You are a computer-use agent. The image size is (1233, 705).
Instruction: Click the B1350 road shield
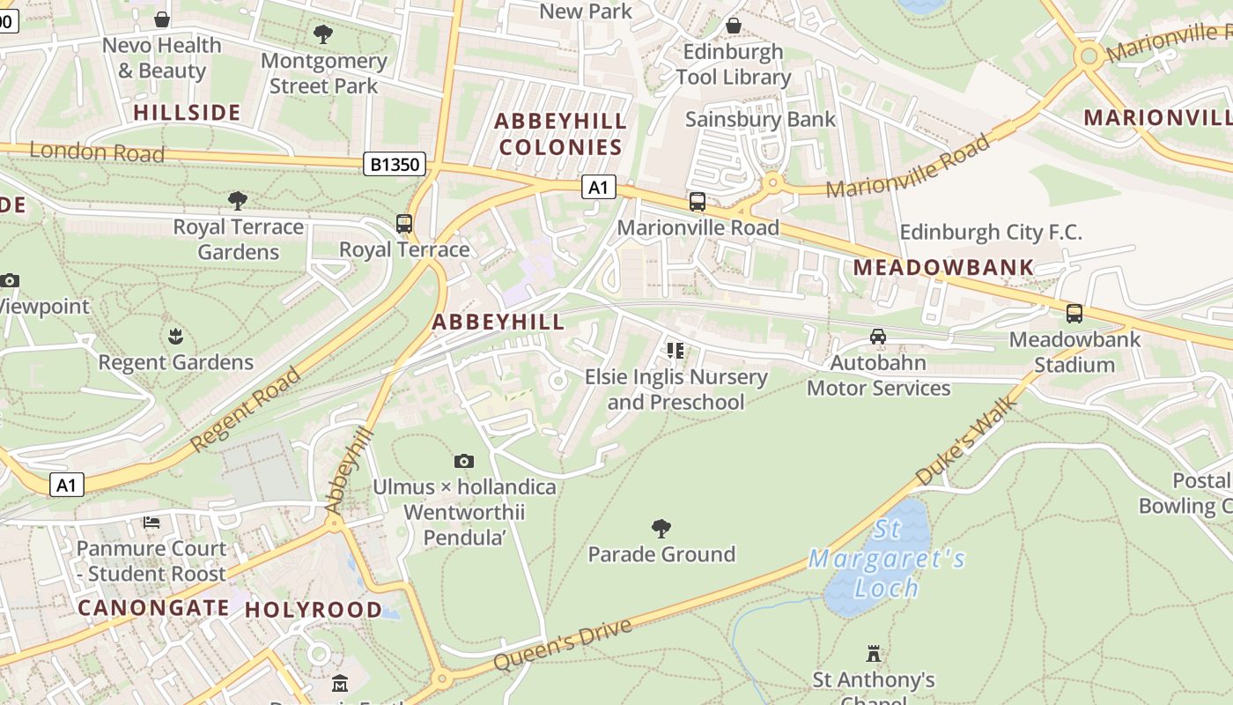[x=395, y=164]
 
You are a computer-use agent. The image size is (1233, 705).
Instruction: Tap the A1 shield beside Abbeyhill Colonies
[x=598, y=187]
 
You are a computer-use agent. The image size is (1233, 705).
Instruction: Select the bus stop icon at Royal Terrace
[x=404, y=224]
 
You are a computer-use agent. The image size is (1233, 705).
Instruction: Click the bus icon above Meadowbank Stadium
[x=1074, y=313]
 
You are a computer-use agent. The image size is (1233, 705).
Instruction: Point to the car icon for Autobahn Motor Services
[x=878, y=337]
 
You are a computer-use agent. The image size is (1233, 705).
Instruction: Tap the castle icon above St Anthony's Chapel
[x=874, y=654]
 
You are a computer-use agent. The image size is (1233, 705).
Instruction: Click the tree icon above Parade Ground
[x=661, y=529]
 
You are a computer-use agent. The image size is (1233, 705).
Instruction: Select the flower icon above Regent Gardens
[x=175, y=337]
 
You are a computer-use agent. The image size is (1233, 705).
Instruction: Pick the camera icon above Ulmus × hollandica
[x=464, y=461]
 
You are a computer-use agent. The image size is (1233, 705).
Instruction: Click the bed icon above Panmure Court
[x=151, y=523]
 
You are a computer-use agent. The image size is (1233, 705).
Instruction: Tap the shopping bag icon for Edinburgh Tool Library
[x=733, y=26]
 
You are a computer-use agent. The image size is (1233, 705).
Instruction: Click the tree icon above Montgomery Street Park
[x=323, y=34]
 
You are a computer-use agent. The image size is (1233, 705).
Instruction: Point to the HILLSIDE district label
[x=187, y=113]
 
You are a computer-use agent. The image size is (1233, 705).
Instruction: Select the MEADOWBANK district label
[x=943, y=267]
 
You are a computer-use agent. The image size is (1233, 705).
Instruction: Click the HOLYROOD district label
[x=314, y=610]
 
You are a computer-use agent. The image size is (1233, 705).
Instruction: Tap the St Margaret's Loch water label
[x=886, y=560]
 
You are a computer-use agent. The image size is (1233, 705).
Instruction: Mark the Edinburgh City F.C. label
[x=990, y=233]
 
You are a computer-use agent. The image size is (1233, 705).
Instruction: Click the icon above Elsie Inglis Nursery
[x=676, y=351]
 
